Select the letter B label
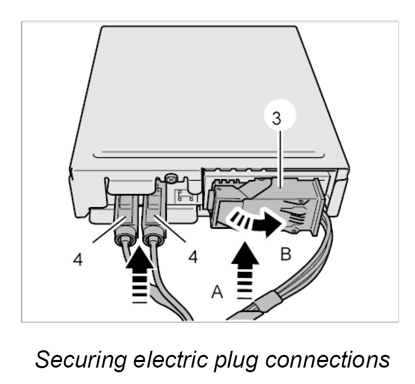[286, 254]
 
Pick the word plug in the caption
[246, 359]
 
